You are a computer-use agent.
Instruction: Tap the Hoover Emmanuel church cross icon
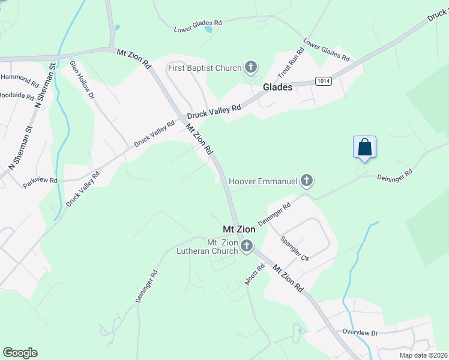click(x=307, y=180)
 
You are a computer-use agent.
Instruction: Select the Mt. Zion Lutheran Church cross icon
click(x=246, y=245)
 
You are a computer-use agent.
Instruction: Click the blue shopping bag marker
click(x=364, y=147)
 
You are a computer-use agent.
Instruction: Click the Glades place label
click(x=277, y=88)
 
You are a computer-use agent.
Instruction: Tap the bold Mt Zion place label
click(x=239, y=229)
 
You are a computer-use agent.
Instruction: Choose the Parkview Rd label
click(x=40, y=181)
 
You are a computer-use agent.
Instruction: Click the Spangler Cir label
click(x=295, y=249)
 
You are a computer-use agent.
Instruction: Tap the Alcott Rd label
click(x=256, y=275)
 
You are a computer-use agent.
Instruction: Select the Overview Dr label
click(x=360, y=332)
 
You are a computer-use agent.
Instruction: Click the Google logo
click(x=20, y=353)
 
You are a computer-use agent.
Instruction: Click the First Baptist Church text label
click(x=205, y=68)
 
